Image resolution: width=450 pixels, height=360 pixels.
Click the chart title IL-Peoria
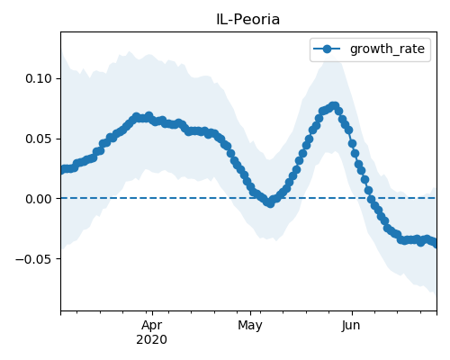click(x=248, y=20)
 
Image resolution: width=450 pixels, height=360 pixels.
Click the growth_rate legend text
click(x=387, y=49)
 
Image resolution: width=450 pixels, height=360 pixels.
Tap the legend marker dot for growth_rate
click(x=327, y=49)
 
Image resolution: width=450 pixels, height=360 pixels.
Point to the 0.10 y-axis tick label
click(x=39, y=78)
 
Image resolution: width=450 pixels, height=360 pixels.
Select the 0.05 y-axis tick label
click(x=39, y=139)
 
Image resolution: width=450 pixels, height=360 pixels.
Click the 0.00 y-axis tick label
click(x=39, y=199)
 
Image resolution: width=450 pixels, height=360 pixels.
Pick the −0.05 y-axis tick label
click(x=34, y=259)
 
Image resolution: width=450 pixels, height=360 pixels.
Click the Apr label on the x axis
click(x=152, y=325)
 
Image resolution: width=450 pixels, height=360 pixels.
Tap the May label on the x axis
click(x=250, y=326)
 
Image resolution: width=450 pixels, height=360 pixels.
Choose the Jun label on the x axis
click(x=351, y=325)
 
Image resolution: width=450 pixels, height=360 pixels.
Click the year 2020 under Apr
click(x=152, y=340)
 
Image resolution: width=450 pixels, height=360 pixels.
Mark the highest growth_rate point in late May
click(x=334, y=106)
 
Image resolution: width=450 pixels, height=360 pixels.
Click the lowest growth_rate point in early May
click(x=270, y=203)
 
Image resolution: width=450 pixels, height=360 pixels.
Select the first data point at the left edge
click(x=62, y=170)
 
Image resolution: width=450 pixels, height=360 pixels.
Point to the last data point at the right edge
click(x=435, y=243)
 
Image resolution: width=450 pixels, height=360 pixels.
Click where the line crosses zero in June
click(x=371, y=198)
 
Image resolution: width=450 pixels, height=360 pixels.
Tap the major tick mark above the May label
click(x=250, y=313)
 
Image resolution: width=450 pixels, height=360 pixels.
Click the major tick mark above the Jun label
click(x=352, y=313)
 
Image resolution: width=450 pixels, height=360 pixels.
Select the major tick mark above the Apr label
click(x=152, y=313)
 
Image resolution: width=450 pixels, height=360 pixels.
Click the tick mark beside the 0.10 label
click(x=58, y=78)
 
